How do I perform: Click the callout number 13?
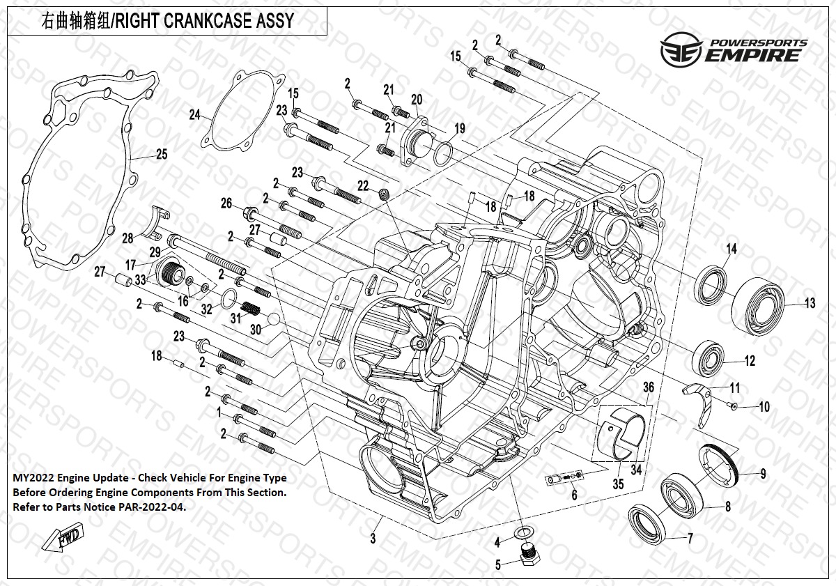pyautogui.click(x=810, y=303)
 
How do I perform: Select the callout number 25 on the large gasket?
pyautogui.click(x=161, y=155)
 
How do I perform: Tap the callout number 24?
pyautogui.click(x=194, y=114)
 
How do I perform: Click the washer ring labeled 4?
pyautogui.click(x=521, y=534)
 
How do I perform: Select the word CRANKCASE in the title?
pyautogui.click(x=206, y=21)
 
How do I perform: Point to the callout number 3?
pyautogui.click(x=373, y=538)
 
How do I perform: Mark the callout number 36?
pyautogui.click(x=648, y=387)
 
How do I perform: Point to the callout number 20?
pyautogui.click(x=417, y=98)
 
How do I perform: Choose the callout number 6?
pyautogui.click(x=573, y=495)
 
